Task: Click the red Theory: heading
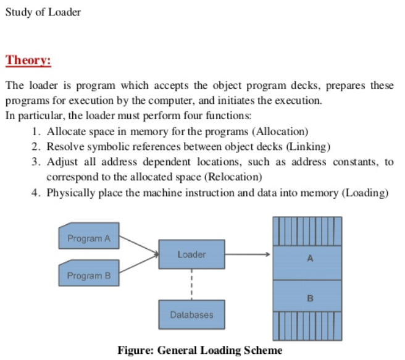28,61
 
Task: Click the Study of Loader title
43,12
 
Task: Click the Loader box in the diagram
191,254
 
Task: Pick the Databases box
191,314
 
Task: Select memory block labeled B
310,298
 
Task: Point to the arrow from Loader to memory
247,254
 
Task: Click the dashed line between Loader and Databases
191,284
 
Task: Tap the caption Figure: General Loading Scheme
199,350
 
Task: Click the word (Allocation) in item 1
280,132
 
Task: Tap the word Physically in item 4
69,193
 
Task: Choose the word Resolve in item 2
64,146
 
